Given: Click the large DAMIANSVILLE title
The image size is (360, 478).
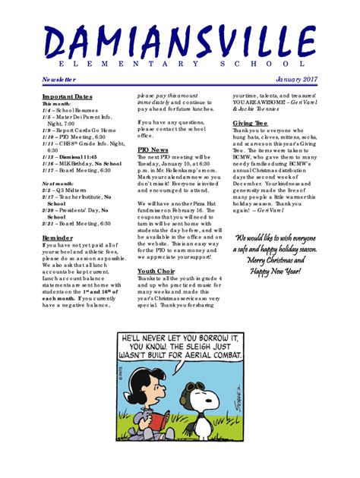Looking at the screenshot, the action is click(x=179, y=41).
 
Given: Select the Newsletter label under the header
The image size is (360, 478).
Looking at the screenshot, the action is click(x=59, y=79).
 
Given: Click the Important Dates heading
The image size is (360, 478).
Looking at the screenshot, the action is click(x=67, y=96).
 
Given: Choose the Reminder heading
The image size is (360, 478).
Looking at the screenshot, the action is click(x=58, y=237).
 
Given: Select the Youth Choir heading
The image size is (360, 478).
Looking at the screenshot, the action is click(x=156, y=271).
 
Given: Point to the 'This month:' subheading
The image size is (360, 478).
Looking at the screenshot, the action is click(x=57, y=103).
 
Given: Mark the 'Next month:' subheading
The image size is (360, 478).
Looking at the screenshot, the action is click(x=58, y=184).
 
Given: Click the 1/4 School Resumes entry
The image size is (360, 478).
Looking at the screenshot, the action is click(x=67, y=111).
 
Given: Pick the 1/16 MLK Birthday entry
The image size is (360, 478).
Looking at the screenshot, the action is click(x=81, y=163).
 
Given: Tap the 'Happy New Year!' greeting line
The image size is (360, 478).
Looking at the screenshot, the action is click(x=276, y=271).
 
